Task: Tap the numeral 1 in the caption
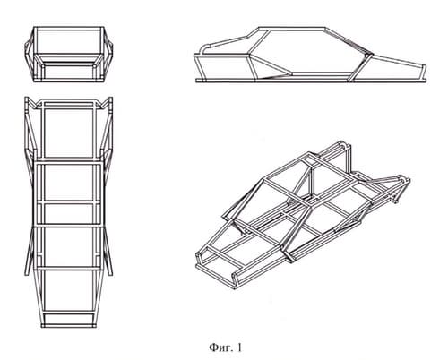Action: (239, 347)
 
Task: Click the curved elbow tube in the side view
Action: (204, 47)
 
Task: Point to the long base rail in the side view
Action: (311, 80)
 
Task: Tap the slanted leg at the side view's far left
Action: (200, 67)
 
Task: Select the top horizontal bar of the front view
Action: (69, 29)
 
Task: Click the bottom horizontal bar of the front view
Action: (69, 80)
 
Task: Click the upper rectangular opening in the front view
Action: (68, 42)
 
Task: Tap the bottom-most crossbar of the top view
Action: (69, 326)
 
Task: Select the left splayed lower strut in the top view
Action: (30, 252)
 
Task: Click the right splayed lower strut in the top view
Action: (108, 252)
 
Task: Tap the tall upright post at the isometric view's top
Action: (348, 159)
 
